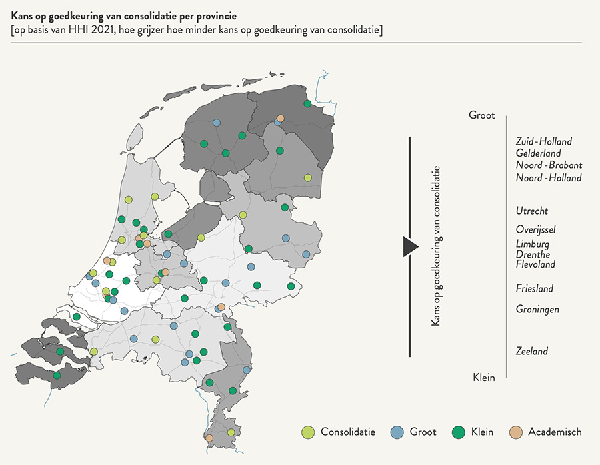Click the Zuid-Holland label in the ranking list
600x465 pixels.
[x=543, y=141]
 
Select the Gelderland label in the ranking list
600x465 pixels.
[x=538, y=153]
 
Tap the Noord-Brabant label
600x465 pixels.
[x=549, y=165]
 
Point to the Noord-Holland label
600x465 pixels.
[x=549, y=178]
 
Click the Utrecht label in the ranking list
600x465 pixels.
[x=532, y=211]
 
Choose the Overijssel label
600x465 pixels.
[x=535, y=230]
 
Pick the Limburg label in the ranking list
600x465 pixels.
[x=533, y=244]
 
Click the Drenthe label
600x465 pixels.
[x=533, y=254]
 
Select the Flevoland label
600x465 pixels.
[x=535, y=264]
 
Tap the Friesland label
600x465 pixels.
[x=535, y=288]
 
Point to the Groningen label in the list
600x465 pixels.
[x=537, y=309]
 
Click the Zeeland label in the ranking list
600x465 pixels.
[x=532, y=351]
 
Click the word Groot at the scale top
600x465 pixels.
[x=482, y=115]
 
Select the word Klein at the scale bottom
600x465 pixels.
[x=484, y=378]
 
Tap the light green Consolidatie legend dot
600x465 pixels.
[x=308, y=432]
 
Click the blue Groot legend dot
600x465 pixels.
[x=397, y=432]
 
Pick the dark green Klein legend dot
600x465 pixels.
[x=457, y=432]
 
